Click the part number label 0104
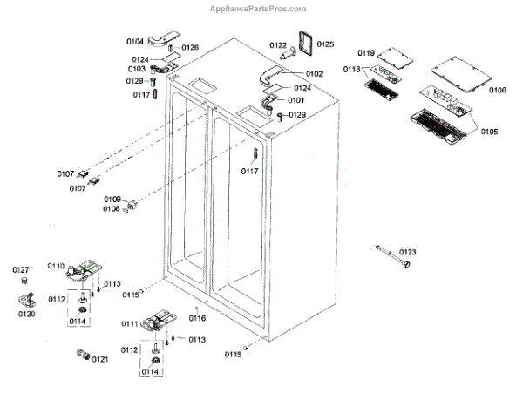pos(136,42)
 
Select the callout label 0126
pos(189,47)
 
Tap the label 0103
pos(136,69)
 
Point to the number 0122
pos(278,45)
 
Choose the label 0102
pos(313,74)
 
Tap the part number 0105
pos(488,132)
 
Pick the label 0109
pos(112,200)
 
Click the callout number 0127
pos(21,270)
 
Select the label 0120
pos(26,313)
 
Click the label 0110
pos(56,265)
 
